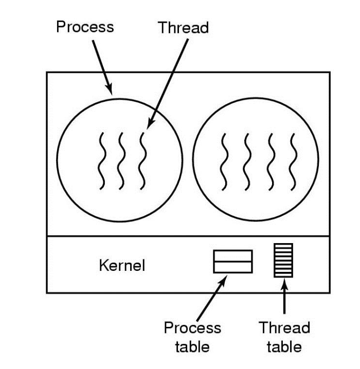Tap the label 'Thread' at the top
(x=184, y=27)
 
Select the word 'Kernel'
(x=121, y=266)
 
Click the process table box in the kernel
(x=233, y=261)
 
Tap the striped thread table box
(x=283, y=260)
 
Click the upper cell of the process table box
(x=233, y=255)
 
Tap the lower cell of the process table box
(x=233, y=267)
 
